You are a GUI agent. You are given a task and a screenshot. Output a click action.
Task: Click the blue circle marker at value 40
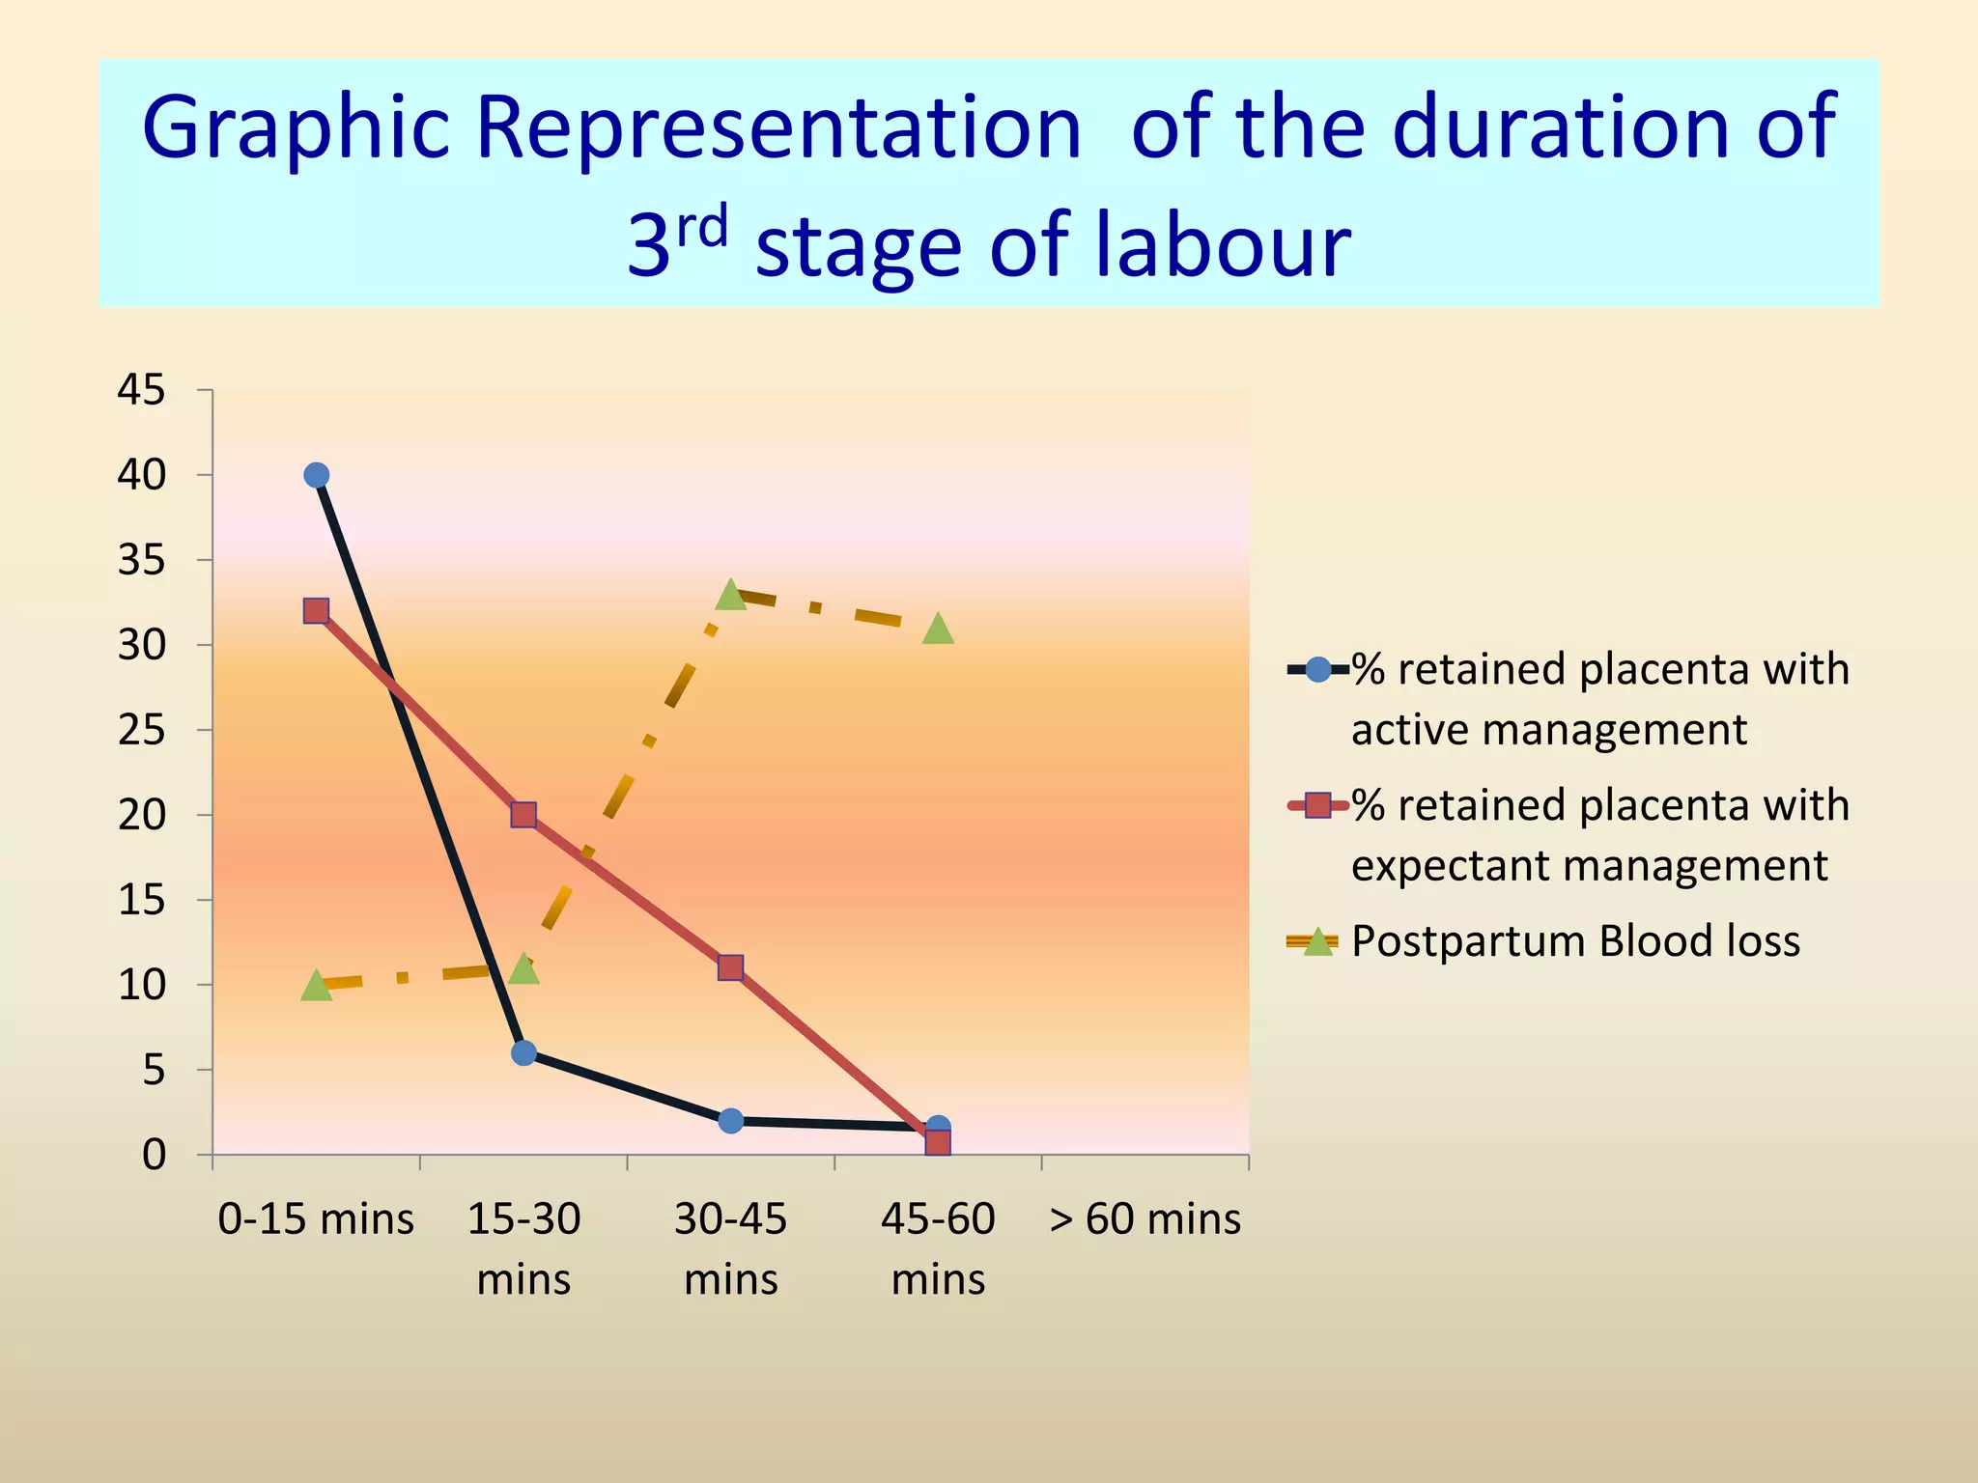[x=316, y=475]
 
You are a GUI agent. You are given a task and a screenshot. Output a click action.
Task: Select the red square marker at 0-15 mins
[x=316, y=610]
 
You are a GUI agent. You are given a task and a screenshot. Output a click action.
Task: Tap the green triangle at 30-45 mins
[x=731, y=596]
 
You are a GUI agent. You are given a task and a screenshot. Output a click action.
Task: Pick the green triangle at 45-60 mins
[x=938, y=630]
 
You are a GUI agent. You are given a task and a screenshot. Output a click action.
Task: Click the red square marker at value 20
[x=523, y=815]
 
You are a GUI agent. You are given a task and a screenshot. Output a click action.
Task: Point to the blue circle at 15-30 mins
[x=523, y=1052]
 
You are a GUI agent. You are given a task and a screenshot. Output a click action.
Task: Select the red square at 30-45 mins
[x=731, y=967]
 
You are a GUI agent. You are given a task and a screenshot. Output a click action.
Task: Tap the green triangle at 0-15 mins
[x=316, y=986]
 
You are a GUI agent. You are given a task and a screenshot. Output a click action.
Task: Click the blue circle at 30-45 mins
[x=731, y=1121]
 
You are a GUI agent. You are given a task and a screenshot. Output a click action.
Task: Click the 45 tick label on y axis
[x=141, y=391]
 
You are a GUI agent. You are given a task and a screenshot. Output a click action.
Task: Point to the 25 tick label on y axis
[x=141, y=731]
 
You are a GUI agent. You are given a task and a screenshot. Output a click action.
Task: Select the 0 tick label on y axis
[x=154, y=1156]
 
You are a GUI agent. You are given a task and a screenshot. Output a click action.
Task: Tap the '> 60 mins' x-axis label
[x=1144, y=1219]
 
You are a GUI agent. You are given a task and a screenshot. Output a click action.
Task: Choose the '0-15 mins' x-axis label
[x=316, y=1219]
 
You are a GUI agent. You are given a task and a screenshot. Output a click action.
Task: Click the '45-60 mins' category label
[x=938, y=1248]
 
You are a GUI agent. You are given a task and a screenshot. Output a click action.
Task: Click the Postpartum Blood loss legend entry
[x=1574, y=941]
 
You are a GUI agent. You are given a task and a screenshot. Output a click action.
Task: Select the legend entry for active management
[x=1598, y=699]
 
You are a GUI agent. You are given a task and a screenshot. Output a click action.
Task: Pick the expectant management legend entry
[x=1598, y=835]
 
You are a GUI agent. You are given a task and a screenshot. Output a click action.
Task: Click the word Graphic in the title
[x=296, y=128]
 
